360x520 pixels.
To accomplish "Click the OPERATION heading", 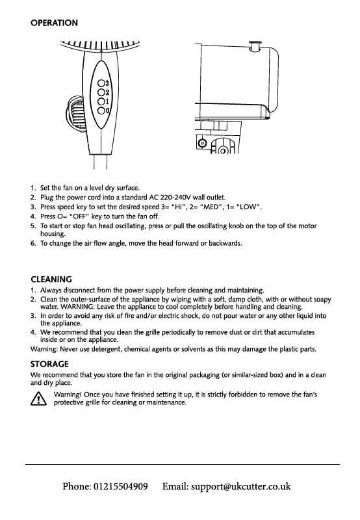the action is (54, 23).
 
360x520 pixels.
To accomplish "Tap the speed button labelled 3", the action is (101, 83).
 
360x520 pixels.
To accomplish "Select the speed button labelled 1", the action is (101, 101).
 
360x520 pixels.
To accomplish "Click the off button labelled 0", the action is (101, 110).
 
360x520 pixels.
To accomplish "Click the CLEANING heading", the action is (51, 279).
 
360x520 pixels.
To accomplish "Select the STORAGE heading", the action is (49, 364).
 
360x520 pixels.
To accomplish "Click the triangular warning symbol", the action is (38, 398).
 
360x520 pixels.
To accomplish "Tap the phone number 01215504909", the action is (121, 486).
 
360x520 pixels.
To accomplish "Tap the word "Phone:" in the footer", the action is (77, 486).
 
